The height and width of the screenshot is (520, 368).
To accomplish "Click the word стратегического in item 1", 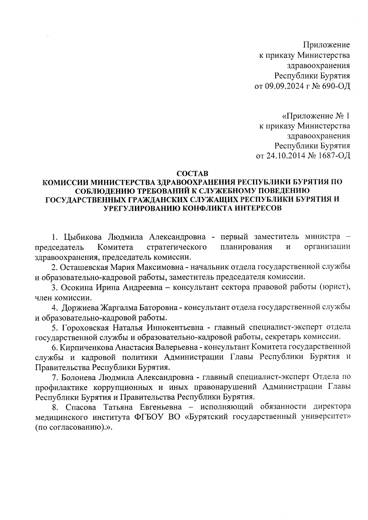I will (x=176, y=247).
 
